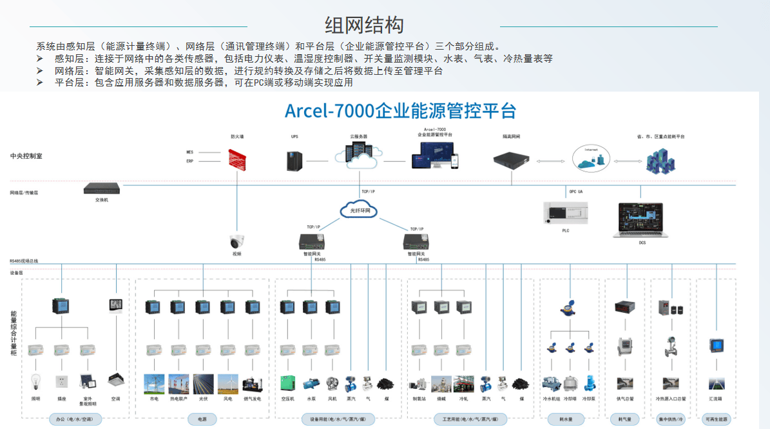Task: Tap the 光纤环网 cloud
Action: click(359, 210)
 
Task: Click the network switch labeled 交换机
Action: click(102, 189)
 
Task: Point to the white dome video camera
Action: click(236, 242)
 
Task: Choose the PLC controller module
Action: click(566, 212)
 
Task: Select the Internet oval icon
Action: click(591, 158)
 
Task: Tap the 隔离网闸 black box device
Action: click(512, 159)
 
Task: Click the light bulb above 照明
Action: click(36, 381)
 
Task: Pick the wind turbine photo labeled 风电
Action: click(227, 384)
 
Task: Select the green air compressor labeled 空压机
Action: click(287, 384)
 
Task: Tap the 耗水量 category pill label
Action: click(569, 419)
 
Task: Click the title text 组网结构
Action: click(365, 25)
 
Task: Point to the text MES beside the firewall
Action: click(190, 152)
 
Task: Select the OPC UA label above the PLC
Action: click(575, 192)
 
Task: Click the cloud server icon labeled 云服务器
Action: click(358, 155)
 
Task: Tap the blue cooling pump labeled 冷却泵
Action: click(589, 383)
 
